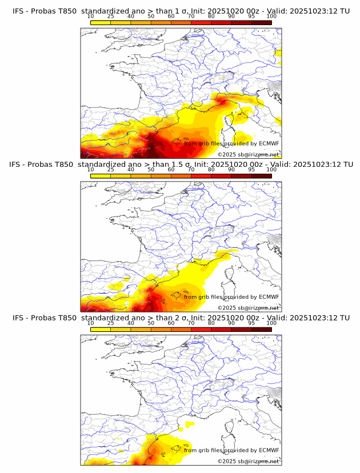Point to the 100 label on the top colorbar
(271, 16)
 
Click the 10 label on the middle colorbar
(90, 170)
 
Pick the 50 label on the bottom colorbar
(150, 323)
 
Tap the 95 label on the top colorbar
(251, 16)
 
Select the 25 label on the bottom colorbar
(110, 323)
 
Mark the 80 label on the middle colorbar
(211, 170)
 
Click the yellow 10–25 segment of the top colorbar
(100, 22)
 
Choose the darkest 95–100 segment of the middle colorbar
(261, 175)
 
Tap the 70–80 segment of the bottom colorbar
(201, 328)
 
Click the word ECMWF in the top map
(269, 143)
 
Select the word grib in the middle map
(204, 297)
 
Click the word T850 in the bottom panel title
(62, 318)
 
